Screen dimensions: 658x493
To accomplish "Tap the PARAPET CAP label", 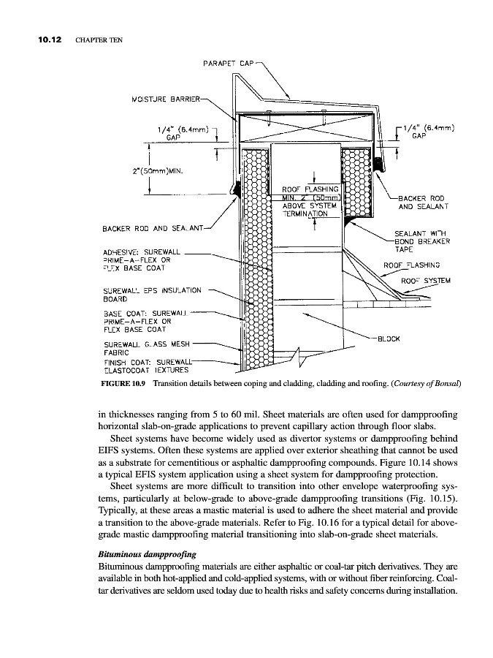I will click(229, 64).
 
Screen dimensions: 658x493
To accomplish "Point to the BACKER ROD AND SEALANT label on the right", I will click(422, 202).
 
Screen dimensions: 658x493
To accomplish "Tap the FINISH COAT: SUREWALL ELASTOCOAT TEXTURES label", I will click(148, 364).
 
